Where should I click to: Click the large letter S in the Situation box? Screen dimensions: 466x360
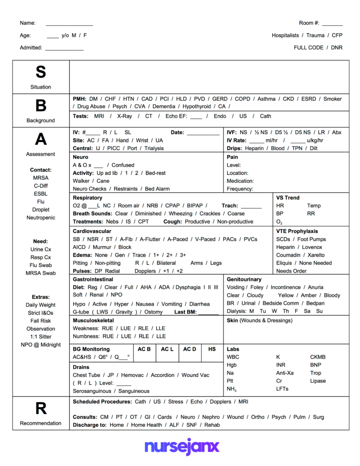41,72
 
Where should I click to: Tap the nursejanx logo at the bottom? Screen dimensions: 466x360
181,447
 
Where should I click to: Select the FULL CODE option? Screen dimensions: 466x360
308,47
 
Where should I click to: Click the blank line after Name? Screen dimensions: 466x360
69,23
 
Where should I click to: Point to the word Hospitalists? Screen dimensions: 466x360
285,35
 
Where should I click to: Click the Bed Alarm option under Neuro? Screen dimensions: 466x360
157,189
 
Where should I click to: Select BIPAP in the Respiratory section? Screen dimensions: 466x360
195,205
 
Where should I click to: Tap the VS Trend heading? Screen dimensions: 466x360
287,198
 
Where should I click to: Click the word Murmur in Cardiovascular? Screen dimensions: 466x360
102,247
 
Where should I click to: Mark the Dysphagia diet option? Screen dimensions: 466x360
188,287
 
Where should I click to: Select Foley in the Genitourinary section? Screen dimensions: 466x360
256,287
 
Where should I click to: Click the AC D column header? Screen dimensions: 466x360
189,349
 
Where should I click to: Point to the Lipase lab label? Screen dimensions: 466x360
317,381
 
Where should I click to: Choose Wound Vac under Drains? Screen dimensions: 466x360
195,375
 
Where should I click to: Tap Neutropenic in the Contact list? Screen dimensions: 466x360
41,218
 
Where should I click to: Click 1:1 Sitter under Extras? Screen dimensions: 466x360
41,337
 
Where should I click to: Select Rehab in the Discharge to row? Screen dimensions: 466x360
212,425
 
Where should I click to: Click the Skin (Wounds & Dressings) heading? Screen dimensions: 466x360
259,320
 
